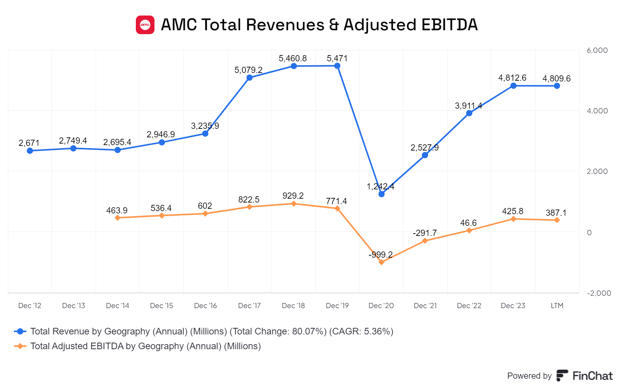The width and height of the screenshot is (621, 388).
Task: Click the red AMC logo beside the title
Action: pos(145,25)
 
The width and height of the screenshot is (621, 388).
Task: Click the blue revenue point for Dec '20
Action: pos(382,194)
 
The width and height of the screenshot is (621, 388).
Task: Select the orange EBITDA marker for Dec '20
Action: pos(382,262)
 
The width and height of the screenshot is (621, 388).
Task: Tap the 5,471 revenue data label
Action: pos(337,59)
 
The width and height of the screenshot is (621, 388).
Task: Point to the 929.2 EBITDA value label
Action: pos(293,196)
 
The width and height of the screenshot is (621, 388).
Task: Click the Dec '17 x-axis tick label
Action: pos(249,306)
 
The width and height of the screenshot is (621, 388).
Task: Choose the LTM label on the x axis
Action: pos(557,306)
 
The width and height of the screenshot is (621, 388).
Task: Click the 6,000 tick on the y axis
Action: pos(597,50)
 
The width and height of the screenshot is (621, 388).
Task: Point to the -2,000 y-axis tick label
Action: pos(598,293)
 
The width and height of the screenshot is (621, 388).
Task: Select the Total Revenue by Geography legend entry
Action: pos(212,331)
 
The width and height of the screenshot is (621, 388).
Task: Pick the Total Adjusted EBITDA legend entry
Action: pos(146,346)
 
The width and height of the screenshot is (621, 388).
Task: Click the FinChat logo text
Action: pos(592,376)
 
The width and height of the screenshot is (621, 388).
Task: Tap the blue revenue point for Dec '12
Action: pos(30,151)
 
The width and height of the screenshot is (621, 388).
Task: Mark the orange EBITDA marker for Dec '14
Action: pos(118,218)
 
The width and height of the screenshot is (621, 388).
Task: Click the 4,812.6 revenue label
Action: pos(512,78)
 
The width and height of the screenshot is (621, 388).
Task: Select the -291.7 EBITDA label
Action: pos(425,233)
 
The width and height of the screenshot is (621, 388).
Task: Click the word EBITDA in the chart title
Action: pos(449,25)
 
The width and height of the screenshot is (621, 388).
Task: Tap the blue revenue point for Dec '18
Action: pos(294,66)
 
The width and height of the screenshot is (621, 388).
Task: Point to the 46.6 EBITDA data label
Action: pos(468,223)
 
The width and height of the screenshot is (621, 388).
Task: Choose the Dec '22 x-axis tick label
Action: pos(469,306)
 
